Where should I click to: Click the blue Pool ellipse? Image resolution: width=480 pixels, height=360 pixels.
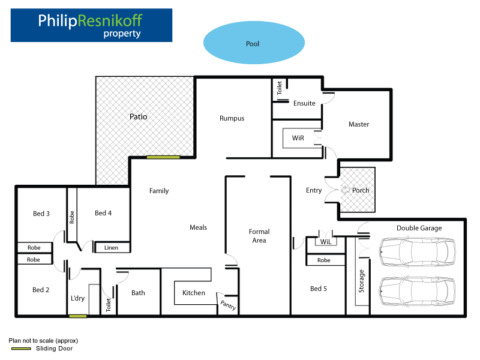253,44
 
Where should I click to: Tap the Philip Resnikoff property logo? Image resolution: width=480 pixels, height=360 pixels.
91,25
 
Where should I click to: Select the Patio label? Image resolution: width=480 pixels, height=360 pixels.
139,117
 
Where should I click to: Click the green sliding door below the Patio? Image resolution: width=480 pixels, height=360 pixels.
163,157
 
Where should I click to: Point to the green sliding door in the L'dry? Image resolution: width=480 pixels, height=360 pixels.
78,316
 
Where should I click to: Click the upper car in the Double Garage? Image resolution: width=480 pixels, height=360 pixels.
418,251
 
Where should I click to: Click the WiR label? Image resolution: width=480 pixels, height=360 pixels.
298,138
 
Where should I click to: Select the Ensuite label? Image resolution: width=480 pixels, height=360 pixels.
304,103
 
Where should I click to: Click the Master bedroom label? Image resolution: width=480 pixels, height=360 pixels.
359,124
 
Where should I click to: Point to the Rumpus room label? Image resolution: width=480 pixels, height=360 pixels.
232,118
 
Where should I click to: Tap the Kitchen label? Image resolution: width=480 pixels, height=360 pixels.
194,293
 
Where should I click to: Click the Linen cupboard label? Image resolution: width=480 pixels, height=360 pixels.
112,248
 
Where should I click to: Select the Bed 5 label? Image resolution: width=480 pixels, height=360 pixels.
318,289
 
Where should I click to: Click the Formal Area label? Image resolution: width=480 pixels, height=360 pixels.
259,236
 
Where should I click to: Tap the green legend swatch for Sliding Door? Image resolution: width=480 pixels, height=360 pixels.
20,348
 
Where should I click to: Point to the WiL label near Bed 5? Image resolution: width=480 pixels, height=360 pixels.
326,242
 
